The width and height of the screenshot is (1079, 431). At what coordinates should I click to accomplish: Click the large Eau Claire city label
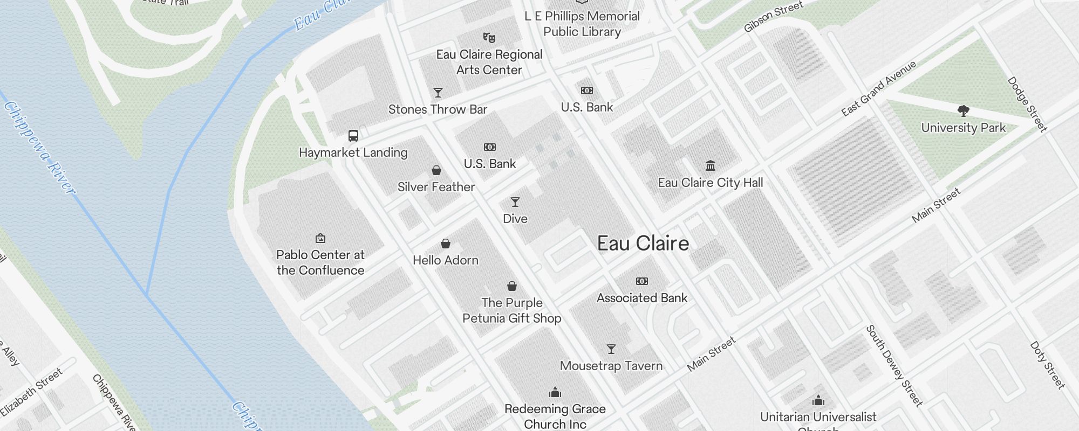coord(643,244)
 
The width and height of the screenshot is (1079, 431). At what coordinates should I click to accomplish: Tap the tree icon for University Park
coord(964,112)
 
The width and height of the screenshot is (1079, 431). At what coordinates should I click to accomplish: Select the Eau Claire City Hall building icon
coord(711,165)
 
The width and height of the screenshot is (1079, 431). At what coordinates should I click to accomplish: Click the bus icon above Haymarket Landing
coord(353,136)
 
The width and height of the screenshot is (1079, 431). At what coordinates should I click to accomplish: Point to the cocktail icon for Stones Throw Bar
coord(438,93)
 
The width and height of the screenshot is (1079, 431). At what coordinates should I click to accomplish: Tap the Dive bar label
coord(515,219)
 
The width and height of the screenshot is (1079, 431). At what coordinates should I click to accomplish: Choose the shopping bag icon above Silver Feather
coord(436,170)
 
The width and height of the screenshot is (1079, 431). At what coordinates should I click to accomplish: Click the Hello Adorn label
coord(446,260)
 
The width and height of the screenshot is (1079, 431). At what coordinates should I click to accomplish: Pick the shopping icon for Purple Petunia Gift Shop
coord(512,286)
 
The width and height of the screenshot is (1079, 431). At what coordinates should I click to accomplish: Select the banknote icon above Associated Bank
coord(642,281)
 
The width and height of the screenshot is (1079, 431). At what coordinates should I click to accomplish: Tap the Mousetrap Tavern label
coord(611,366)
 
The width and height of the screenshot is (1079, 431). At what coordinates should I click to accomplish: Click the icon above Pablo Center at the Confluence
coord(320,238)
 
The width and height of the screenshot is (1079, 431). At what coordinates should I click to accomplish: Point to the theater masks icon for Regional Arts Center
coord(489,38)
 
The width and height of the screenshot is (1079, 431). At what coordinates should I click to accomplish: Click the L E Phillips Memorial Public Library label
coord(582,24)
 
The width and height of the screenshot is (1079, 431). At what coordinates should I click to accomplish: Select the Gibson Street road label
coord(773,17)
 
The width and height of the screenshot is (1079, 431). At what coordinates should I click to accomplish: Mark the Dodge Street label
coord(1027,104)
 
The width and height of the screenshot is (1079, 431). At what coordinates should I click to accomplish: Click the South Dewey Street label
coord(894,365)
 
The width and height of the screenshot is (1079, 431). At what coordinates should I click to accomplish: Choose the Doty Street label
coord(1047,365)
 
